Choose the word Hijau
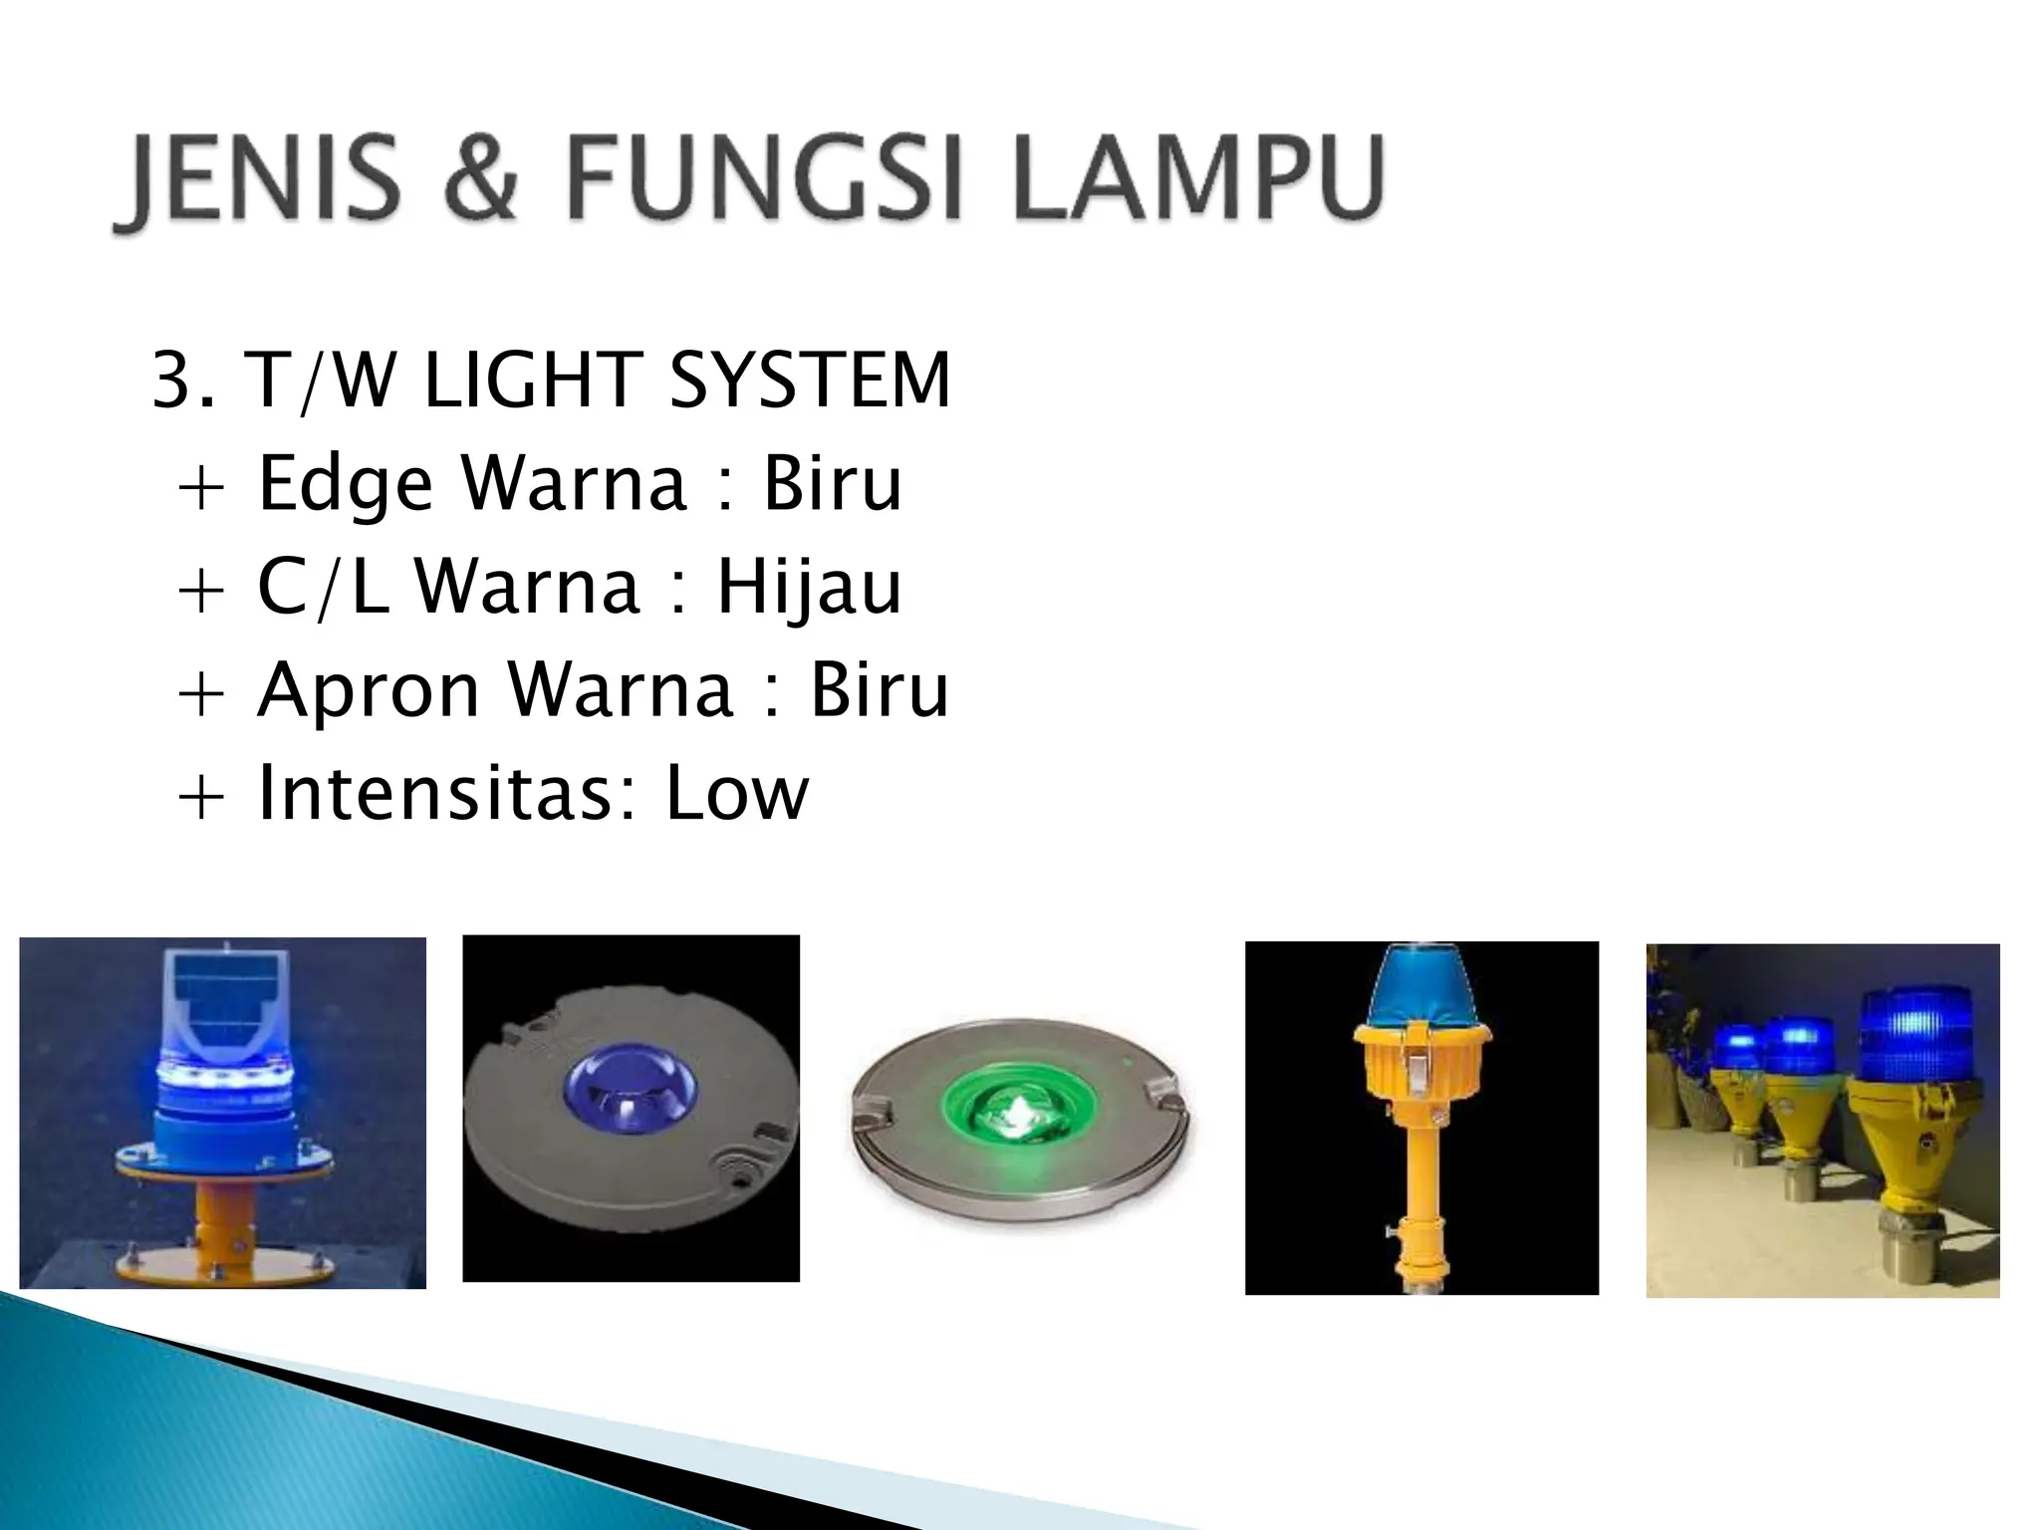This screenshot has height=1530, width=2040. click(809, 588)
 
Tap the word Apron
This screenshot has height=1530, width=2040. click(368, 691)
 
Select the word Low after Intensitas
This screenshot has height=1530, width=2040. click(737, 794)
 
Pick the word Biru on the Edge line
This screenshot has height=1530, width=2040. click(833, 484)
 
